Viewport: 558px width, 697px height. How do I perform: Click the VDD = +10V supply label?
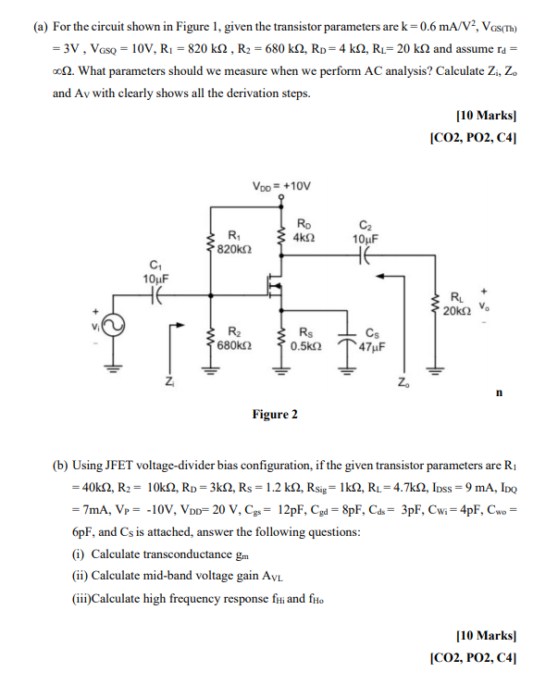281,186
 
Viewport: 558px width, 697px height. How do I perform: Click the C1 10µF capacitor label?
155,271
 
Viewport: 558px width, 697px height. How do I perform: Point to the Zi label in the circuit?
167,381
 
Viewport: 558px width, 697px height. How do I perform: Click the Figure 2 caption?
275,414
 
